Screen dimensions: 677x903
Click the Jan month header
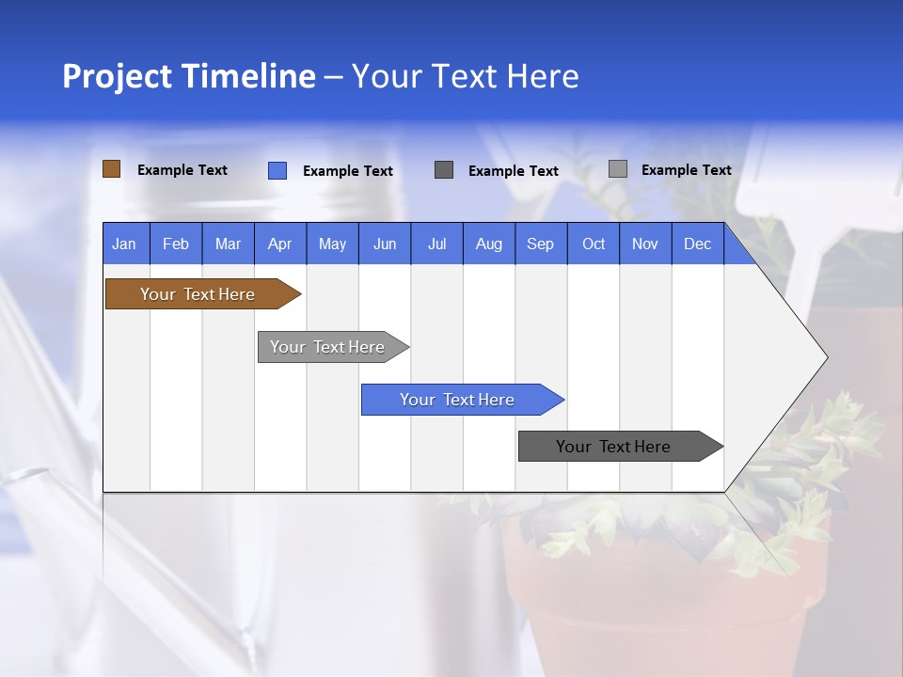pyautogui.click(x=124, y=244)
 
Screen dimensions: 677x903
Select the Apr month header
pyautogui.click(x=279, y=244)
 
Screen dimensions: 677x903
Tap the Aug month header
pyautogui.click(x=488, y=244)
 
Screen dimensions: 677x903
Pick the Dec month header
pyautogui.click(x=697, y=244)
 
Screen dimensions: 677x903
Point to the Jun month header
pyautogui.click(x=384, y=244)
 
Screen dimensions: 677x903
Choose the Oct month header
pyautogui.click(x=594, y=244)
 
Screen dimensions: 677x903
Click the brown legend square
pyautogui.click(x=111, y=169)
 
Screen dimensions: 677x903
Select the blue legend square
pyautogui.click(x=277, y=170)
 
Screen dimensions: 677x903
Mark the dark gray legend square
pyautogui.click(x=444, y=170)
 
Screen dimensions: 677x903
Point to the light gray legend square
pyautogui.click(x=617, y=169)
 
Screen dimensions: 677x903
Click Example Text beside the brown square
pyautogui.click(x=182, y=170)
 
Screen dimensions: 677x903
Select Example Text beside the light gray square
pyautogui.click(x=687, y=170)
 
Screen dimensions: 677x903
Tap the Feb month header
pyautogui.click(x=176, y=244)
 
